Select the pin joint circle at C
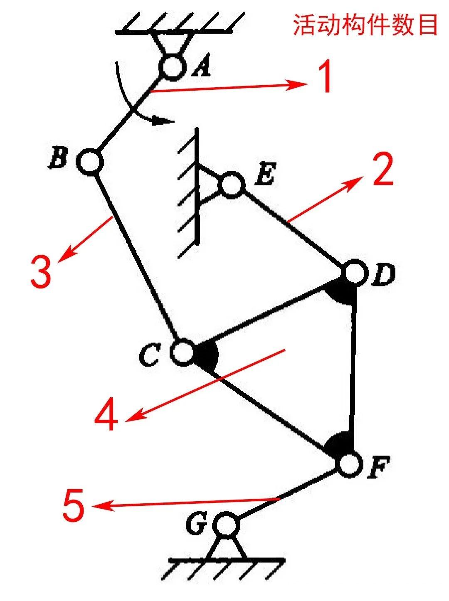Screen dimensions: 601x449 pos(182,352)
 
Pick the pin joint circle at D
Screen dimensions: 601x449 pos(355,273)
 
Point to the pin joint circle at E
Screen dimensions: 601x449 pos(231,184)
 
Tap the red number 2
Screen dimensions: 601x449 pos(382,169)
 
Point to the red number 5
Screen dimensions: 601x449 pos(74,505)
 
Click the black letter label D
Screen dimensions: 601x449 pos(383,276)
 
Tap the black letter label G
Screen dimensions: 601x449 pos(196,525)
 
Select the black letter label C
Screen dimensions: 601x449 pos(148,356)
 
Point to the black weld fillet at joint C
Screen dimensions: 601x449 pos(207,355)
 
